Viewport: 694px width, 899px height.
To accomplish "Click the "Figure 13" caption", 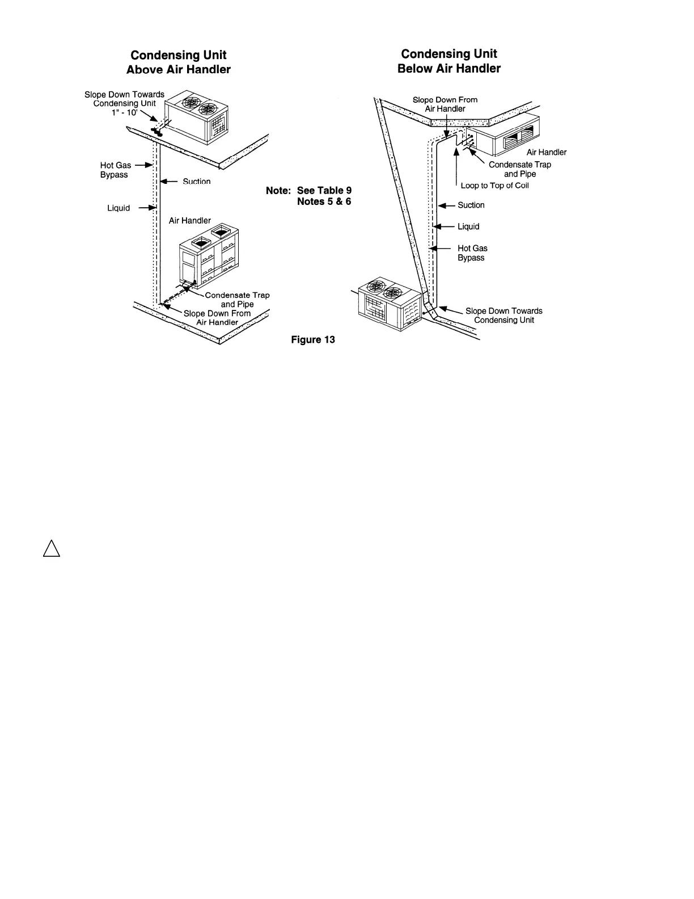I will point(313,339).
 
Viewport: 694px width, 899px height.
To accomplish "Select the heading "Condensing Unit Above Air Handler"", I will point(178,62).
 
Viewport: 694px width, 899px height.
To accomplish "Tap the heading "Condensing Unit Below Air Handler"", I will point(449,61).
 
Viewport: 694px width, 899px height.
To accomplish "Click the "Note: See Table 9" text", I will point(309,190).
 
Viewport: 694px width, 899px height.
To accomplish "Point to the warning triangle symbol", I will point(51,549).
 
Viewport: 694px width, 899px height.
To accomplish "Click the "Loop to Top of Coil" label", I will point(494,186).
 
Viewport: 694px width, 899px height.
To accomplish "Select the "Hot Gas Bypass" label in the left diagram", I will point(115,170).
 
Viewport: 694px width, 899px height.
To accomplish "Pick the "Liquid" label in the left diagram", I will point(119,208).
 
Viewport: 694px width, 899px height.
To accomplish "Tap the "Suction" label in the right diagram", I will point(471,205).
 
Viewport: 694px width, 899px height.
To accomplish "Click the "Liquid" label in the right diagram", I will point(468,226).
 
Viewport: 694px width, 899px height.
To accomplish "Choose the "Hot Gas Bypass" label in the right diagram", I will point(472,253).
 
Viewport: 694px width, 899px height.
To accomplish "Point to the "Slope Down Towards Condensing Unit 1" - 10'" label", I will point(124,103).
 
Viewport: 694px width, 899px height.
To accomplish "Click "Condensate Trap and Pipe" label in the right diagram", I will point(519,169).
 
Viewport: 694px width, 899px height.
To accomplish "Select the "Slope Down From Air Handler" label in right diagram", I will point(445,104).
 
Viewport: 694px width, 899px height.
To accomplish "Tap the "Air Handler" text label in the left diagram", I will point(189,220).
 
